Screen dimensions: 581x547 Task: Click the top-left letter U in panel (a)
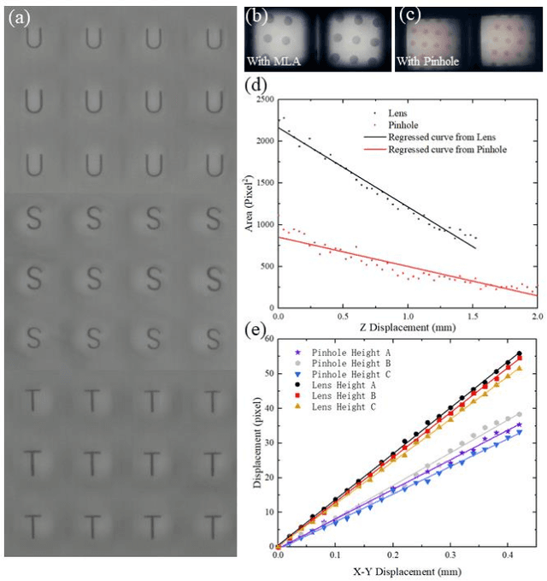(34, 39)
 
